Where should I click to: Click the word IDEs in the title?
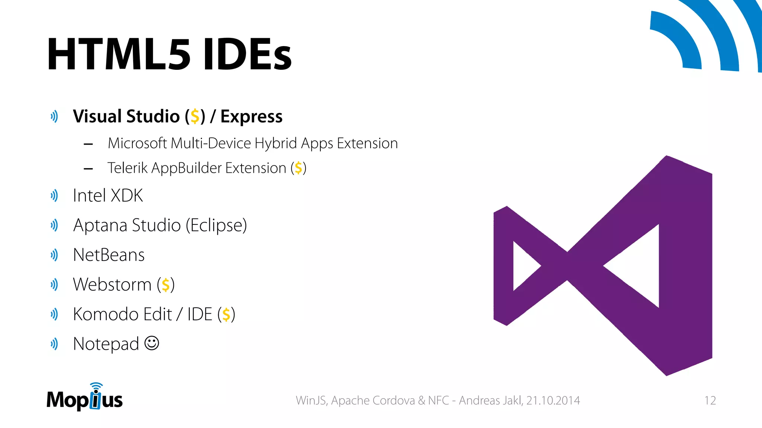pos(247,55)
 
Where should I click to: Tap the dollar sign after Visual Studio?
pos(195,116)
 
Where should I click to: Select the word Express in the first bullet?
pos(251,117)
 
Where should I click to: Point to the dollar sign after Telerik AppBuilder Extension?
pos(298,168)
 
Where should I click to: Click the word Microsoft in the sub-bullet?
pos(137,143)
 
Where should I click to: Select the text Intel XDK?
pos(108,195)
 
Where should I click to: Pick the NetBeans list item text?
pos(109,255)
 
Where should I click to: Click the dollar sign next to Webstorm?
pos(166,285)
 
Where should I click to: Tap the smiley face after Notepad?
pos(151,343)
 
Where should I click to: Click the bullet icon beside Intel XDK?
pos(54,195)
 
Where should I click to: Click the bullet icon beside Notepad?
pos(54,344)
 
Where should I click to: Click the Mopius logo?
pos(84,398)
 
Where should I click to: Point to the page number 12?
pos(710,401)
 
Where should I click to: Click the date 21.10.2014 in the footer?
pos(553,401)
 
